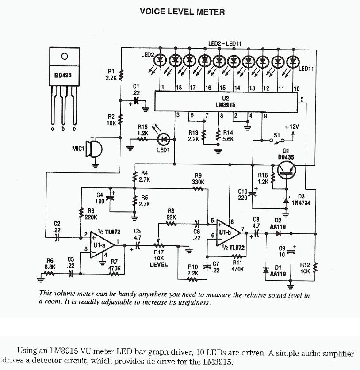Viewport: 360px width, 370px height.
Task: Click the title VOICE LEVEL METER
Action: (182, 11)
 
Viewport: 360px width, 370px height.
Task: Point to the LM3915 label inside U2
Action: (226, 105)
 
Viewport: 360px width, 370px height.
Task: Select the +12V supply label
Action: (292, 127)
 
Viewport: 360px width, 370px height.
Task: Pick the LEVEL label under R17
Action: (158, 265)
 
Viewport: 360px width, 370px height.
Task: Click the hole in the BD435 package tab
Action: (65, 57)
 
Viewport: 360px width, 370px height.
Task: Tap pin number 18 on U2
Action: (179, 88)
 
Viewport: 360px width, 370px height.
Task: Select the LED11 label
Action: (306, 69)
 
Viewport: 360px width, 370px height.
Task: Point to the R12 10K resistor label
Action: (305, 268)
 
